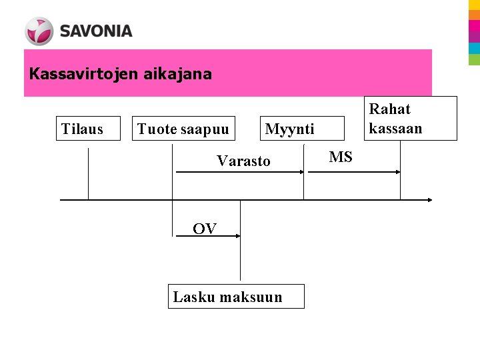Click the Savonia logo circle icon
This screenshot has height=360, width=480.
point(39,31)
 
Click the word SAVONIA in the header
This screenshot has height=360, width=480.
point(96,31)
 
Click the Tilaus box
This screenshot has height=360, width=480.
point(82,129)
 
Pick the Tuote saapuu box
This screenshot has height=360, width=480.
point(183,129)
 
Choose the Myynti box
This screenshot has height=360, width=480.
point(289,129)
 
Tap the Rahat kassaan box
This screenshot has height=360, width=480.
point(413,118)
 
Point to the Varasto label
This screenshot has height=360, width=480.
point(244,161)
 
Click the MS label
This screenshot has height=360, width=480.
point(341,157)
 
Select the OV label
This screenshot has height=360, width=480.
point(205,229)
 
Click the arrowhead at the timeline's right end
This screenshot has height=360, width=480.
point(431,199)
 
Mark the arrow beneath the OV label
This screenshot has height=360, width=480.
point(207,236)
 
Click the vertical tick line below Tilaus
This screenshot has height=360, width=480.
point(88,173)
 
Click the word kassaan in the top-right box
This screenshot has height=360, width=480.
point(396,128)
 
